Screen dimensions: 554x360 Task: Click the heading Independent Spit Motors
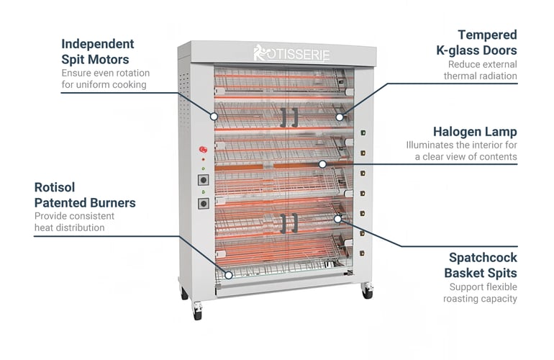pos(98,52)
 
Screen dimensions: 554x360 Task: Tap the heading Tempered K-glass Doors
pos(476,42)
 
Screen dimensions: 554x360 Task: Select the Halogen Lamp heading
pos(475,132)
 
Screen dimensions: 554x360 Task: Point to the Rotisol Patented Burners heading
pos(85,195)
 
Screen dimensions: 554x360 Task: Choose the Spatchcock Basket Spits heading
pos(481,265)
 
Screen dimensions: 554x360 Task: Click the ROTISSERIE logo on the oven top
pos(292,53)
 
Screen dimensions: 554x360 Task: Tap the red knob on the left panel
pos(203,150)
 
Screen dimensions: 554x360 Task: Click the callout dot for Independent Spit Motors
pos(214,117)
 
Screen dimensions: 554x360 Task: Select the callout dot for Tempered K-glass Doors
pos(339,117)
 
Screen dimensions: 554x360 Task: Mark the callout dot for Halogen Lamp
pos(322,164)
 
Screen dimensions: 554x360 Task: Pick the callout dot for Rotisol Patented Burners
pos(229,275)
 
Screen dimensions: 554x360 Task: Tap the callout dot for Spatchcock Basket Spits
pos(337,220)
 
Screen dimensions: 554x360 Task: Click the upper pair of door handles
pos(289,117)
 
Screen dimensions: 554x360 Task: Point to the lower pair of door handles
pos(289,223)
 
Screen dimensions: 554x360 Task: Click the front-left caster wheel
pos(197,312)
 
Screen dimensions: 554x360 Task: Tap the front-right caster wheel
pos(368,291)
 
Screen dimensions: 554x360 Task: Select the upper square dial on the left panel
pos(203,180)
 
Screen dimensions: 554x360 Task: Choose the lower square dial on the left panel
pos(203,203)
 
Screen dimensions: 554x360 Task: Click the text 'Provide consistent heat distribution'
pos(74,222)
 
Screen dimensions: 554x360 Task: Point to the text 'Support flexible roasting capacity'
pos(480,293)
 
